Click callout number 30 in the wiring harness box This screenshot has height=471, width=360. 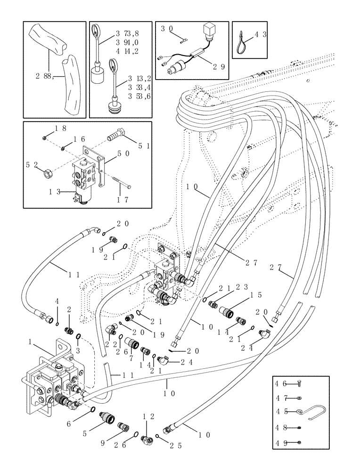click(x=166, y=29)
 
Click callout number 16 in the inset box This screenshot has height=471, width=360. click(x=79, y=139)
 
